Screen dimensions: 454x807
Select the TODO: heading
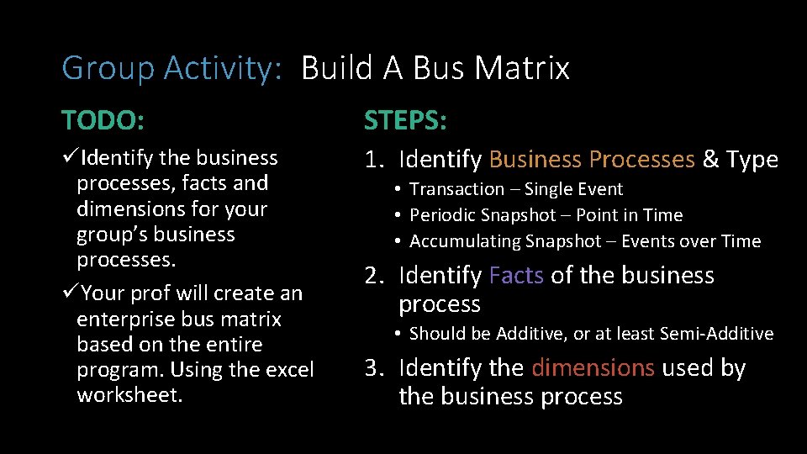point(103,120)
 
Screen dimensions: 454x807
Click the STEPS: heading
point(405,120)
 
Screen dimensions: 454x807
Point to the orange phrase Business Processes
point(592,160)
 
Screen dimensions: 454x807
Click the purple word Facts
point(516,276)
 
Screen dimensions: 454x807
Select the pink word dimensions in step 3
point(593,368)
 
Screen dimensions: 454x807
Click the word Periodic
point(442,215)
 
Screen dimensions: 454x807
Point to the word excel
point(288,370)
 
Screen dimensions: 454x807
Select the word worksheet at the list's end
point(129,395)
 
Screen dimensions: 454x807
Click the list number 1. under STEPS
point(374,160)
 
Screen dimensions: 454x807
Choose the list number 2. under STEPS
point(374,276)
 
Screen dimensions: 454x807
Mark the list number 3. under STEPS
point(374,368)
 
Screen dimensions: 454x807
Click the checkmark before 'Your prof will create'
point(71,293)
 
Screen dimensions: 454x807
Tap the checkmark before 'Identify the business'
point(71,158)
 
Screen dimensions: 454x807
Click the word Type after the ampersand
point(752,160)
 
